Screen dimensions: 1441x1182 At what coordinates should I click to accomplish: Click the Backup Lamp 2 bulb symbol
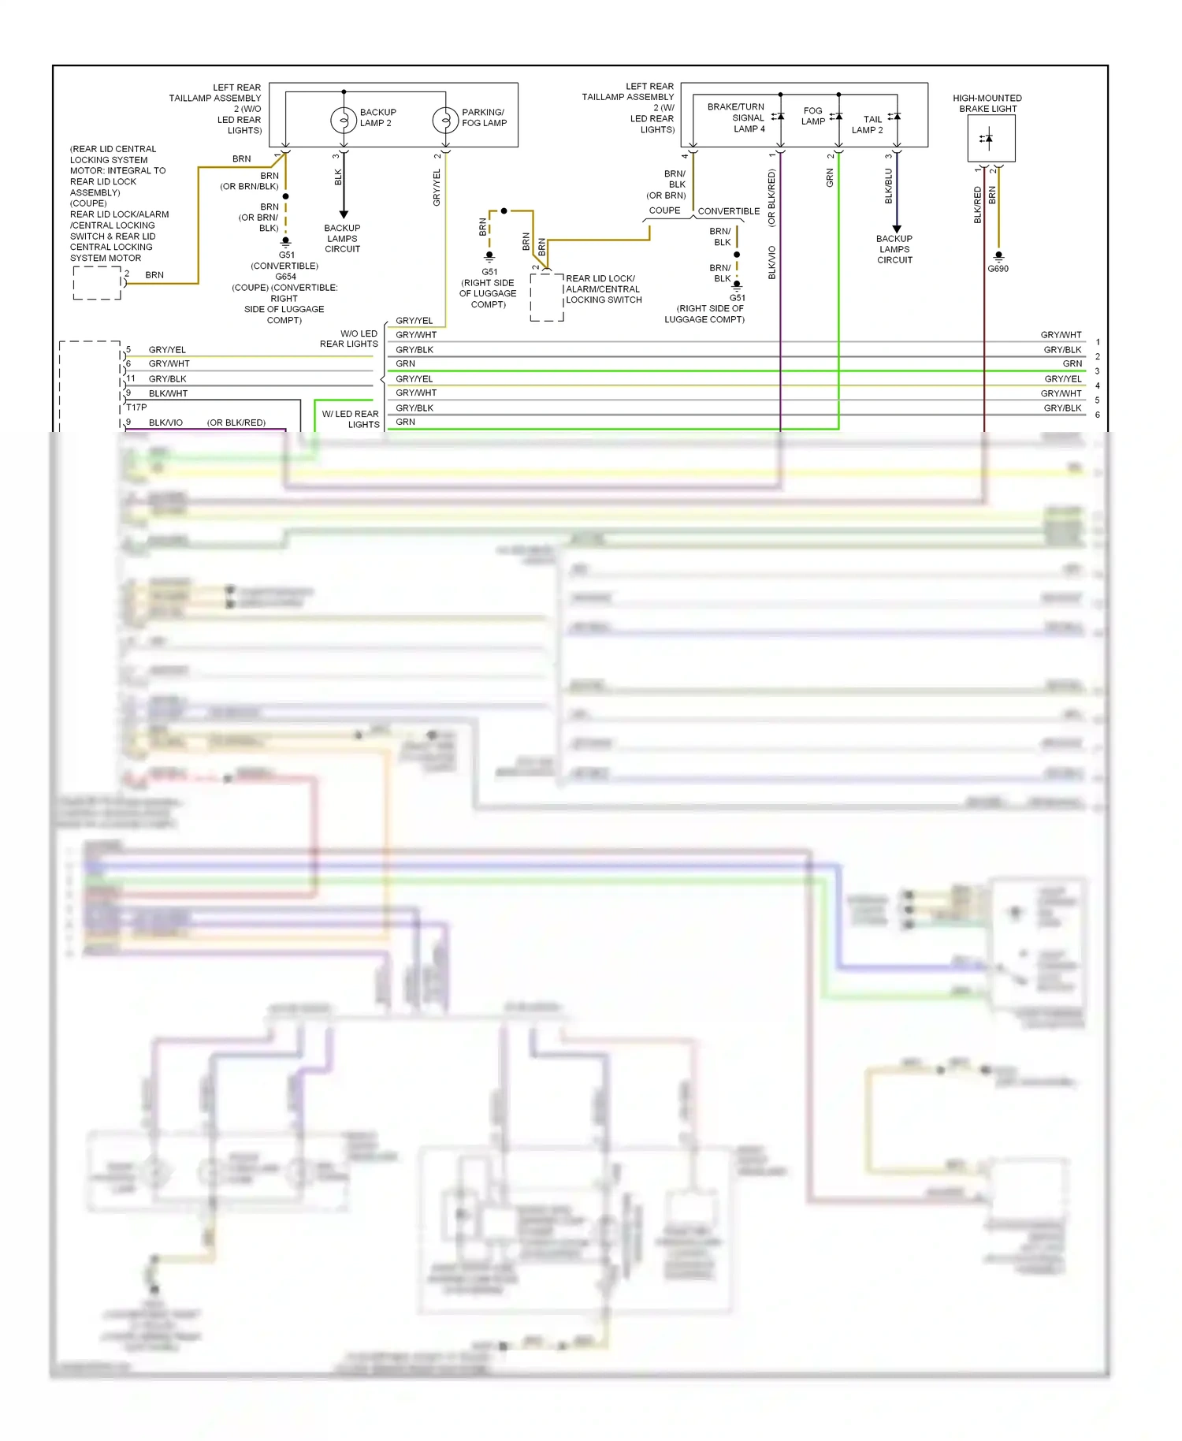(344, 120)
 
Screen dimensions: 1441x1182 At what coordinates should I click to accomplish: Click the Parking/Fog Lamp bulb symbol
(445, 120)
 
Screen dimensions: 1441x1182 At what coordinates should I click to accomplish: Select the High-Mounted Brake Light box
(991, 139)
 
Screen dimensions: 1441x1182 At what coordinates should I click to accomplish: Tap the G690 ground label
(998, 269)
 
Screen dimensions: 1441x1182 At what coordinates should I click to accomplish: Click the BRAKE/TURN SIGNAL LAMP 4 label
(736, 117)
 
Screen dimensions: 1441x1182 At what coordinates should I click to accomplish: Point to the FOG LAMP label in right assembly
(813, 116)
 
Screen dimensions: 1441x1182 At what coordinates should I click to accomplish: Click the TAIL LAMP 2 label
(868, 125)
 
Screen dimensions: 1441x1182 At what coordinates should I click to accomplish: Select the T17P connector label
(136, 408)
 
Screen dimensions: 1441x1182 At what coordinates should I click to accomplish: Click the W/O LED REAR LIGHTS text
(349, 339)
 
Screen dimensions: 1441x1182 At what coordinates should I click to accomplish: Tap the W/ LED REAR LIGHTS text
(351, 419)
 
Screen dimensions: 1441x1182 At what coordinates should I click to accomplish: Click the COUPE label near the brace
(664, 210)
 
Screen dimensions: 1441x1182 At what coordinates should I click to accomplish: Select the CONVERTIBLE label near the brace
(728, 211)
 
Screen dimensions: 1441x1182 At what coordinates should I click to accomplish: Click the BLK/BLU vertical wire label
(888, 186)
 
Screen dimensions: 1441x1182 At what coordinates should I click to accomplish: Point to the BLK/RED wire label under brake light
(977, 205)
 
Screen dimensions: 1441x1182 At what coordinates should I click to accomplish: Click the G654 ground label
(285, 277)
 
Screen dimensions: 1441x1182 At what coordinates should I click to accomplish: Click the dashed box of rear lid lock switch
(547, 297)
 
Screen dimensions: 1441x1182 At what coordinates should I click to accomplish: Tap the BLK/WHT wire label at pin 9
(168, 393)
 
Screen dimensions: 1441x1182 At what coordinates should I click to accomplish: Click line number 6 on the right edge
(1097, 415)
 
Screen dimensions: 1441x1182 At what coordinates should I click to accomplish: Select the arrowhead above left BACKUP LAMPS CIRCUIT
(344, 214)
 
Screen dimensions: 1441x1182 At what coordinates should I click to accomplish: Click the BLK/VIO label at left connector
(165, 423)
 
